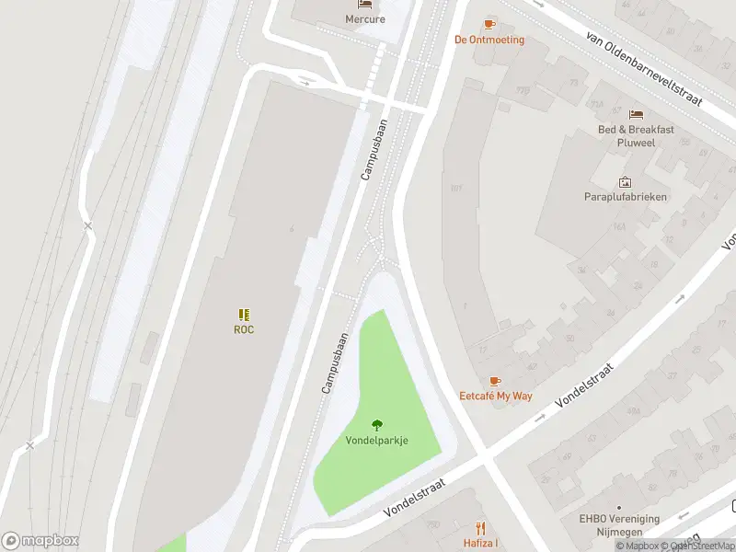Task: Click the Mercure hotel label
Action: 365,18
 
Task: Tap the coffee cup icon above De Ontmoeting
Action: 489,24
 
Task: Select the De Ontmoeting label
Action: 489,40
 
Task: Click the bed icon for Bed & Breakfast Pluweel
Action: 636,114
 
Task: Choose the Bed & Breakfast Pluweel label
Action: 636,135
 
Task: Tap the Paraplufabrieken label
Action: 626,196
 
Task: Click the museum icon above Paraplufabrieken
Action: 626,182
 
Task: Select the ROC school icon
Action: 244,315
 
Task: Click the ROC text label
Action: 244,329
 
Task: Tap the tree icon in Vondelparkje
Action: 376,424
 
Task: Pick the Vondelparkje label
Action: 376,440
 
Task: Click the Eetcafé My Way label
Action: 496,396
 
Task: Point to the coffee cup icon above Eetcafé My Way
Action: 495,381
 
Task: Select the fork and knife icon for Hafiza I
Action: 480,528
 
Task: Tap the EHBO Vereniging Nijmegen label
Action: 618,524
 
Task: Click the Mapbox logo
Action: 40,541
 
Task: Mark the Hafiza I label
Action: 480,543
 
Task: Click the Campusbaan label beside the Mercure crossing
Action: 375,147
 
